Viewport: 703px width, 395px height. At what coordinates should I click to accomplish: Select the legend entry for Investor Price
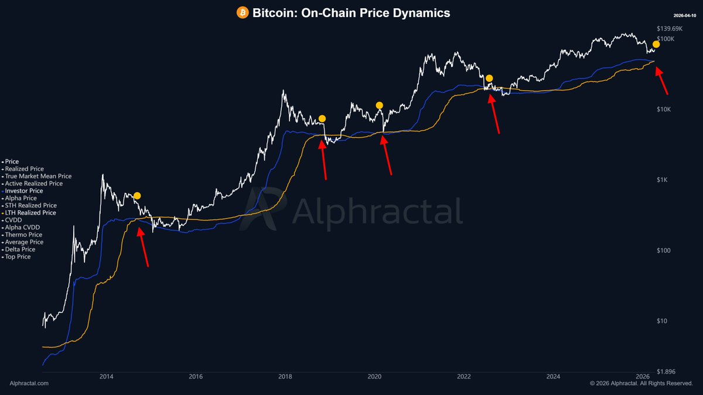coord(23,191)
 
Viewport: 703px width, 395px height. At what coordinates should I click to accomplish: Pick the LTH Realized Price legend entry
coord(30,213)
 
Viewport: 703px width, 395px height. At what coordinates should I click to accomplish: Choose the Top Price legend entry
coord(18,257)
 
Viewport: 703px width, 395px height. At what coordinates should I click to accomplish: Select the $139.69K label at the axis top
coord(669,29)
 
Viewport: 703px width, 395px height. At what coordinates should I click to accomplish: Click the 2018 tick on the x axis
coord(285,376)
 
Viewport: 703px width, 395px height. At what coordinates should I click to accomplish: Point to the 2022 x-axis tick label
coord(464,376)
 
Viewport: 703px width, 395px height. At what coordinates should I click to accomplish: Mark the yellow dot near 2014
coord(137,195)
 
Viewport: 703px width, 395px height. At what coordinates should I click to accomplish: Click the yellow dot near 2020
coord(380,105)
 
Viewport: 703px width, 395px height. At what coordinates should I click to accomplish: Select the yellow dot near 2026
coord(656,44)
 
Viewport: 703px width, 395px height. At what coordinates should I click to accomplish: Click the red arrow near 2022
coord(494,115)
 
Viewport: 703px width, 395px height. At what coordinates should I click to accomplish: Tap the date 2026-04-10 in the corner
coord(684,15)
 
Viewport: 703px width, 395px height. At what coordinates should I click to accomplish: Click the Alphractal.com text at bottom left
coord(29,383)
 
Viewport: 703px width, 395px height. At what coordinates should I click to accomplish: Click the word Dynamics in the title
coord(421,12)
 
